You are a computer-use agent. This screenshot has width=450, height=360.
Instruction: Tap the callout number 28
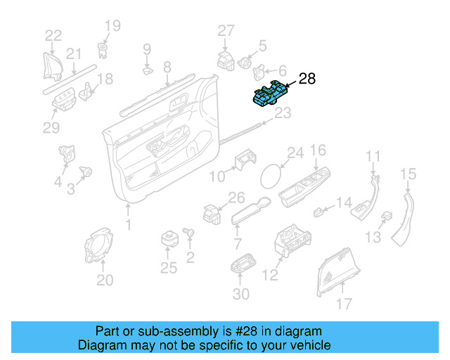[307, 79]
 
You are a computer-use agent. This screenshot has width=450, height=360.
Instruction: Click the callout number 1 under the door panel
[128, 225]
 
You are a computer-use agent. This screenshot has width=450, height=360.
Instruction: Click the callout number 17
[343, 304]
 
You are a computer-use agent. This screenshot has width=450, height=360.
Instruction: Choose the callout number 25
[168, 267]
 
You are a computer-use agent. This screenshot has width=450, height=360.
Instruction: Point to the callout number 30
[240, 295]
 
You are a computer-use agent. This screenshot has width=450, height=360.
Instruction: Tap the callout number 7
[237, 244]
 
